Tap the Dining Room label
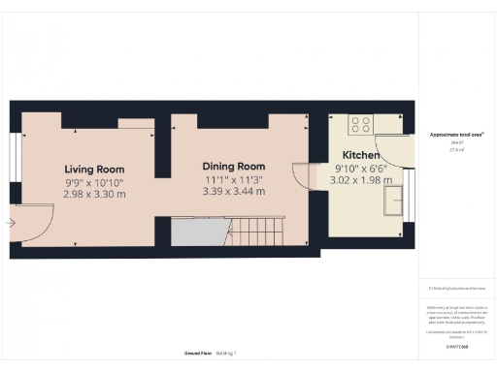point(233,166)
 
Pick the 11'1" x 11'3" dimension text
point(233,179)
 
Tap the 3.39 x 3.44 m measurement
point(233,192)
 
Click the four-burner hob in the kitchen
point(360,124)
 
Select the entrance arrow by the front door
point(11,223)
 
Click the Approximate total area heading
point(456,134)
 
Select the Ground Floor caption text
point(200,353)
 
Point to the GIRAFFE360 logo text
point(456,345)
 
